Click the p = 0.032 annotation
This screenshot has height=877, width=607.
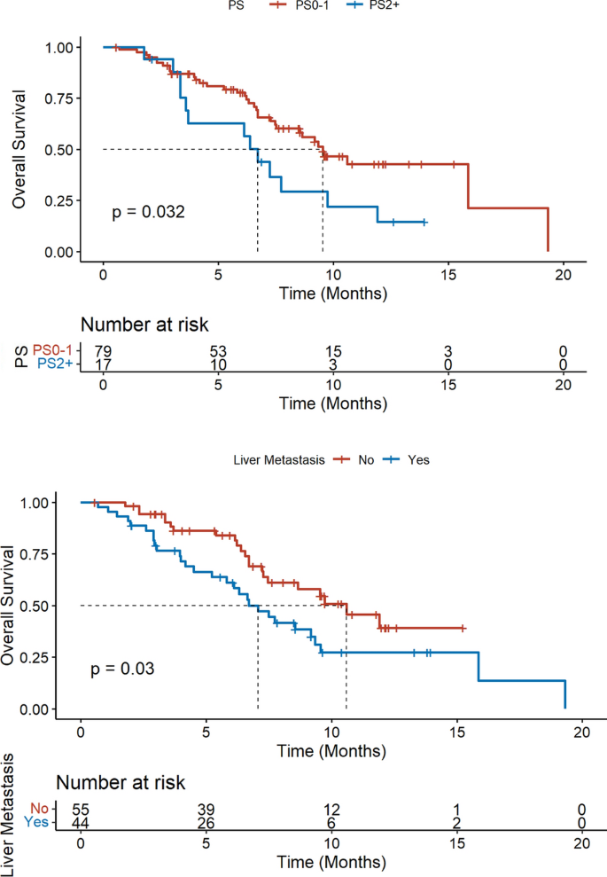click(148, 212)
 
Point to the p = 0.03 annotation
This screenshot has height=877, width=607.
click(122, 669)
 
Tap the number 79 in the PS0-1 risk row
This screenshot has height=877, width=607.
click(103, 351)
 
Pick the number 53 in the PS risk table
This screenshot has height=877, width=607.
click(218, 351)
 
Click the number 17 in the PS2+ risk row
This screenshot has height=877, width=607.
click(103, 364)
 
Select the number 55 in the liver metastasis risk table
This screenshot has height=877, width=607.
click(81, 810)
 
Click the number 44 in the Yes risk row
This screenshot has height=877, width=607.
click(81, 823)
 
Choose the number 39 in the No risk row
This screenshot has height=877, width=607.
click(206, 810)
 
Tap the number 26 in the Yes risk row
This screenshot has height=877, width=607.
click(206, 823)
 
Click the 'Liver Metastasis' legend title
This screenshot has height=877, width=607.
click(279, 460)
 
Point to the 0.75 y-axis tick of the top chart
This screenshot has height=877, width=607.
click(59, 99)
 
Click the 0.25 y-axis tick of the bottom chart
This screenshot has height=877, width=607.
click(34, 658)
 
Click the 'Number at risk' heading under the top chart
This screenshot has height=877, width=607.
click(144, 325)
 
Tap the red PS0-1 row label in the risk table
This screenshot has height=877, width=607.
click(52, 350)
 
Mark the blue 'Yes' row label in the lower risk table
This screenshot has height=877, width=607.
click(36, 822)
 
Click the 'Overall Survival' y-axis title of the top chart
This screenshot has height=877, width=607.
click(19, 149)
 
